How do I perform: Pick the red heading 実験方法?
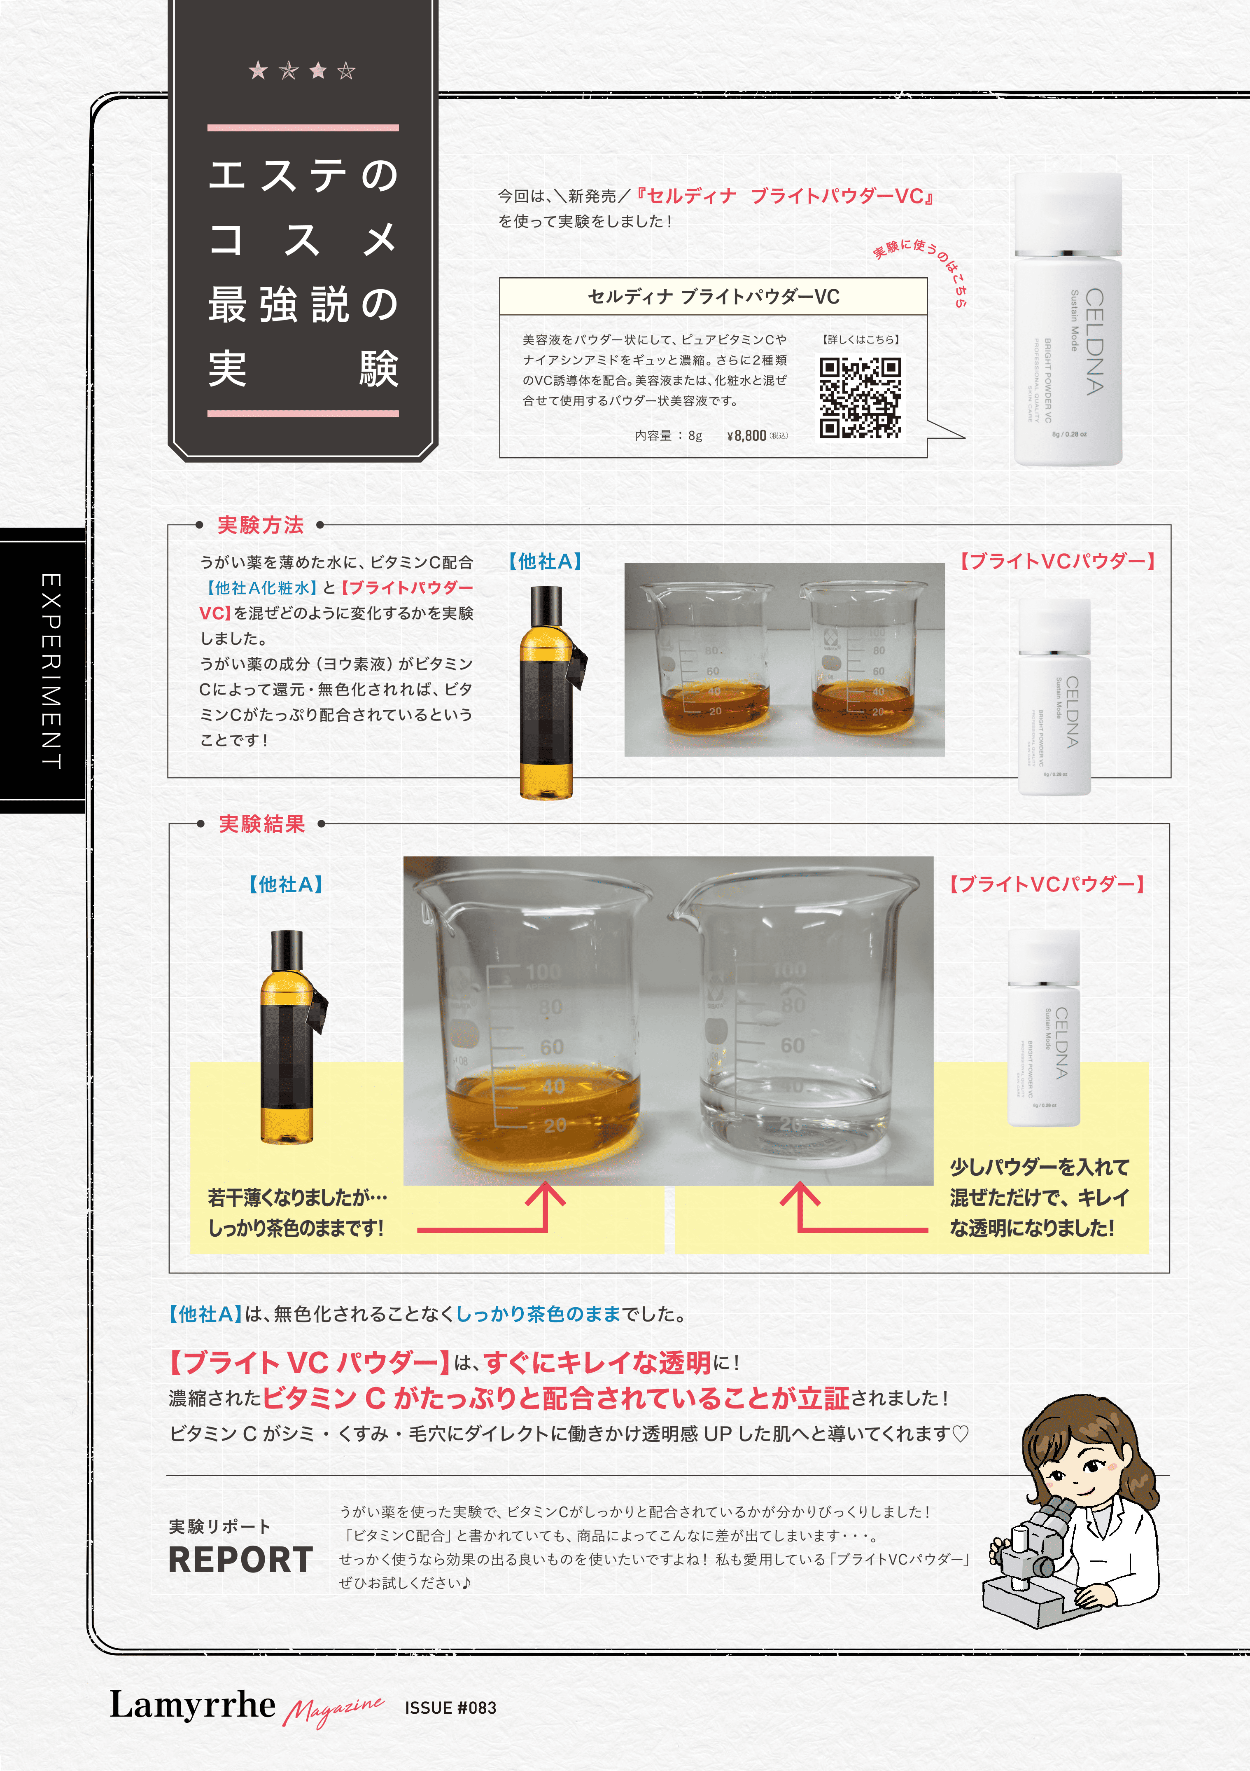point(261,525)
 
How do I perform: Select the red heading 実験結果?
point(262,824)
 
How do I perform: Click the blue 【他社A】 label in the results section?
point(285,884)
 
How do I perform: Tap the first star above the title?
point(258,71)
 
